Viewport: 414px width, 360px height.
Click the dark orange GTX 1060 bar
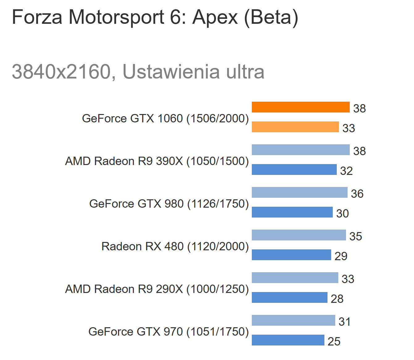[300, 107]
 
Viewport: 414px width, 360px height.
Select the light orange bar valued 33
[295, 127]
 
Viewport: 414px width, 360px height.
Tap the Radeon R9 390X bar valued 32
[294, 170]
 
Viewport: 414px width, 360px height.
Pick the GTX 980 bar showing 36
[299, 193]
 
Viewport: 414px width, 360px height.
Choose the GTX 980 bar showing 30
[292, 212]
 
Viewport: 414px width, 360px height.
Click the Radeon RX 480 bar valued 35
[298, 235]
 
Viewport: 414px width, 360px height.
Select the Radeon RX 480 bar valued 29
[291, 255]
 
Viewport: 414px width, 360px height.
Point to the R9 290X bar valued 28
[289, 298]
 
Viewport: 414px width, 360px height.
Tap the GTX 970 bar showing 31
[293, 320]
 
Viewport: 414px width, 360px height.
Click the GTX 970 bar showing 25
[288, 340]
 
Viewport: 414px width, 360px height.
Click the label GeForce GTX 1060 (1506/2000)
[165, 118]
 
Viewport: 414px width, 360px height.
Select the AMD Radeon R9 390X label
[157, 161]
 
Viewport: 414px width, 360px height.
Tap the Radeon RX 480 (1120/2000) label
[175, 246]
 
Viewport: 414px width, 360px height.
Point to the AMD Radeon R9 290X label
[157, 289]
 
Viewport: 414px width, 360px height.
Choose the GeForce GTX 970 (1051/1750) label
[168, 332]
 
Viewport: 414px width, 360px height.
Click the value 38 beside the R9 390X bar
[359, 151]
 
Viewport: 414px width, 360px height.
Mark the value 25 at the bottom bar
[334, 341]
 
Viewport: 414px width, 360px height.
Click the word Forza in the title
[37, 17]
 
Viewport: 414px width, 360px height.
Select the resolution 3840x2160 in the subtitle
[61, 72]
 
